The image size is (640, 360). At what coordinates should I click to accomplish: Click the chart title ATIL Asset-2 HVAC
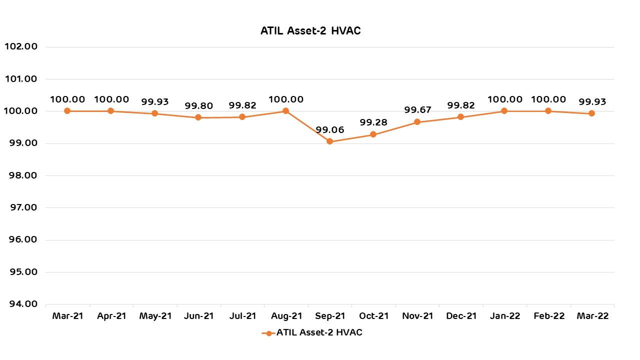pyautogui.click(x=310, y=31)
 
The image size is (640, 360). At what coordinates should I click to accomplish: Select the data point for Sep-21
pyautogui.click(x=329, y=141)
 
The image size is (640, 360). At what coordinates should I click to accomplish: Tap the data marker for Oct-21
pyautogui.click(x=373, y=134)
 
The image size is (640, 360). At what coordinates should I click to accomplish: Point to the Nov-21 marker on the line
pyautogui.click(x=417, y=122)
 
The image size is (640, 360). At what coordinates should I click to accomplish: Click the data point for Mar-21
pyautogui.click(x=67, y=111)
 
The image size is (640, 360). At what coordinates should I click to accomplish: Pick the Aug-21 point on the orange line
pyautogui.click(x=285, y=111)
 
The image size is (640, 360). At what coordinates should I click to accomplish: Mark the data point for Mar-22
pyautogui.click(x=592, y=113)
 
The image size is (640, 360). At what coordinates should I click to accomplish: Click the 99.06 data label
pyautogui.click(x=329, y=130)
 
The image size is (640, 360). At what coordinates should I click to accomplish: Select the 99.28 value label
pyautogui.click(x=373, y=123)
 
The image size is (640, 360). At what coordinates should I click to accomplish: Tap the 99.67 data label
pyautogui.click(x=417, y=110)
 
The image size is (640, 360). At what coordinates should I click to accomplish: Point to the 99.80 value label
pyautogui.click(x=198, y=106)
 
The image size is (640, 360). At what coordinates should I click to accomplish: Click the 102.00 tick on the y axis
pyautogui.click(x=21, y=47)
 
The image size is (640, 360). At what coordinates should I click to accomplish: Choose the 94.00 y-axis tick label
pyautogui.click(x=21, y=304)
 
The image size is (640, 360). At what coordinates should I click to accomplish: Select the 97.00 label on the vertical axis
pyautogui.click(x=21, y=207)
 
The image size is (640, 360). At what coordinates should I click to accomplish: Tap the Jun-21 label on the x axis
pyautogui.click(x=198, y=316)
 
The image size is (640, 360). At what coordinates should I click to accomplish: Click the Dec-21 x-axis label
pyautogui.click(x=460, y=316)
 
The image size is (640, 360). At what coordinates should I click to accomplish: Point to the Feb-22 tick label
pyautogui.click(x=548, y=316)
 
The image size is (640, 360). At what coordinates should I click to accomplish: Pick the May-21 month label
pyautogui.click(x=154, y=316)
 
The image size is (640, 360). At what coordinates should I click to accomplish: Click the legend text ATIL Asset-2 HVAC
pyautogui.click(x=319, y=333)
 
